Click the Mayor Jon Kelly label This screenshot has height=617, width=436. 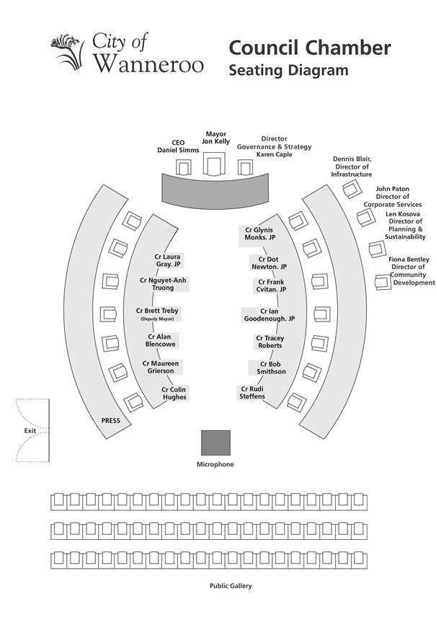(x=215, y=138)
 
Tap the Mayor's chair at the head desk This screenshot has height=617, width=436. (x=214, y=164)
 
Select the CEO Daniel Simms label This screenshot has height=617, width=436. (x=178, y=146)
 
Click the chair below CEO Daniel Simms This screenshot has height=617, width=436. (x=183, y=167)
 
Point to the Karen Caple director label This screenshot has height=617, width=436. (x=275, y=146)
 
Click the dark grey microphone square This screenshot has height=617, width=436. (x=215, y=443)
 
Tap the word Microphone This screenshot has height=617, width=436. (x=215, y=464)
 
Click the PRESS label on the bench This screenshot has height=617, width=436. (x=110, y=420)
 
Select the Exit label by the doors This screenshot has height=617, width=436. (x=30, y=430)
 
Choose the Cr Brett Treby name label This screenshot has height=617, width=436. (x=157, y=314)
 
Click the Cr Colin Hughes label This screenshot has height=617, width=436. (x=174, y=393)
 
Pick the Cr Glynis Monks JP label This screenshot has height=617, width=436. (x=259, y=234)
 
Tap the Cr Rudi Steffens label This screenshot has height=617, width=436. (x=252, y=392)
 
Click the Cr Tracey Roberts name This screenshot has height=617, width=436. (x=270, y=342)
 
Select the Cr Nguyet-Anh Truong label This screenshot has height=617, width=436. (x=163, y=284)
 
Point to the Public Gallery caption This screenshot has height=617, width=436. (x=231, y=586)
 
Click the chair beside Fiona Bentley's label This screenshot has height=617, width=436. (x=383, y=282)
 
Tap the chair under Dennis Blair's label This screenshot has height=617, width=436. (x=352, y=189)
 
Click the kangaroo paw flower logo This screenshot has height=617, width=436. (x=68, y=52)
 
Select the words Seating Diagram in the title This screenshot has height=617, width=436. (x=288, y=70)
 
